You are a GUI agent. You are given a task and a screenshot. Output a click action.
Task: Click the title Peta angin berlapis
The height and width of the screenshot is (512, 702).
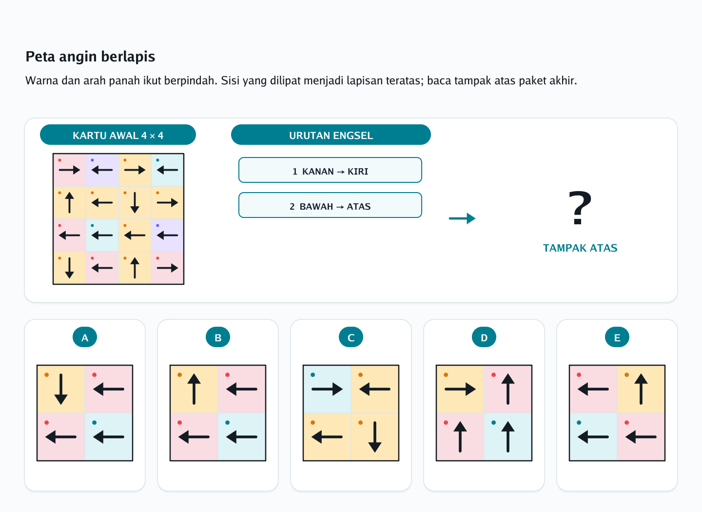coord(90,57)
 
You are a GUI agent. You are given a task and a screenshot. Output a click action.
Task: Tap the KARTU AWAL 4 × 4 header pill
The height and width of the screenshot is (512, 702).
coord(118,135)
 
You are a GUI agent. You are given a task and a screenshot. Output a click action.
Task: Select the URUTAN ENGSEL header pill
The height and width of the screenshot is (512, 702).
coord(331,135)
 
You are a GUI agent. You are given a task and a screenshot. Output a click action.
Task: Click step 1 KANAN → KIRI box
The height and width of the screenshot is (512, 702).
coord(330,170)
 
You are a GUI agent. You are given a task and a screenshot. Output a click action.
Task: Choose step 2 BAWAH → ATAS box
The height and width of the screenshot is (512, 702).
coord(330,205)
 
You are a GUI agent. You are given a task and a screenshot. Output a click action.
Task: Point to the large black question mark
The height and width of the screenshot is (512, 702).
coord(580,208)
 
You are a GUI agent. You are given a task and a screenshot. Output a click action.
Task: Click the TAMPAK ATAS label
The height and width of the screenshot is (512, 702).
coord(580,248)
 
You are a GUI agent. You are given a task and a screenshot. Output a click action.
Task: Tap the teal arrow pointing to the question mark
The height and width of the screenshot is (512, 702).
coord(462,218)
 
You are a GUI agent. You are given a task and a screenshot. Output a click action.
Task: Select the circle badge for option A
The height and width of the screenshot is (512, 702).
coord(85,337)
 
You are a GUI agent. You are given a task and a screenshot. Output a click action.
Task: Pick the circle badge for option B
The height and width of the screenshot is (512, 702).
coord(218,337)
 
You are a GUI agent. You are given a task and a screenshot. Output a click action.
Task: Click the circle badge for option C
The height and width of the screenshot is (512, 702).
coord(351,337)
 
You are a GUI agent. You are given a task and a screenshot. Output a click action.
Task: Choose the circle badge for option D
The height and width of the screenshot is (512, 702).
coord(484,337)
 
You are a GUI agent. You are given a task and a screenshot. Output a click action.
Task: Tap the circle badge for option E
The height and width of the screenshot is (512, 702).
coord(617,337)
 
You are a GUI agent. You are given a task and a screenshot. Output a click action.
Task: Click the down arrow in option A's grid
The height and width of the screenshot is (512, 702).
coord(61,389)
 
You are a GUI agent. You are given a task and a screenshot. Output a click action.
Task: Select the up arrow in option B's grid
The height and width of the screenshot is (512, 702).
coord(194,389)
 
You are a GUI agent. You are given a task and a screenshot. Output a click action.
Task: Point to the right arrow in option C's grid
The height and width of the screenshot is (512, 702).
coord(327,389)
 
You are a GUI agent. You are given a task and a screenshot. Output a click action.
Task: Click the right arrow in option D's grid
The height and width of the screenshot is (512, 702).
coord(460,389)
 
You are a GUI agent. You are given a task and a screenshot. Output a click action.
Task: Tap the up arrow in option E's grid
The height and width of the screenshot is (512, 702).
coord(641,389)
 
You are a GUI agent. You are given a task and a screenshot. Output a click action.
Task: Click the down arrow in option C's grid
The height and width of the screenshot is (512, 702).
coord(375,437)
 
